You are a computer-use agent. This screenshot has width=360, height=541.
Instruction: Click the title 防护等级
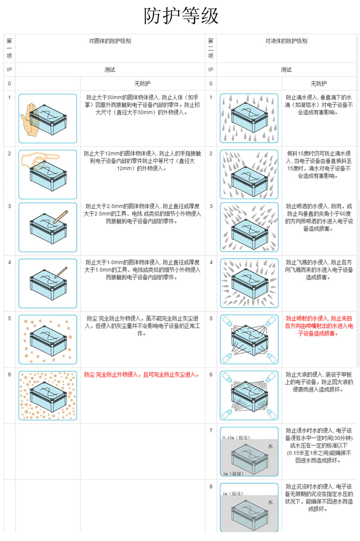[x=181, y=17]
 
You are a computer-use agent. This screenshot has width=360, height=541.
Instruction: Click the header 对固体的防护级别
[x=110, y=41]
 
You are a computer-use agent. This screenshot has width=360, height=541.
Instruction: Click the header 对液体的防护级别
[x=286, y=41]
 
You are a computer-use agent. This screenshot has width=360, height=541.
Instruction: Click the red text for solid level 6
[x=141, y=374]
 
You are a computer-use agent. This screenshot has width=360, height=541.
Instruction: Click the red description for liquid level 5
[x=319, y=326]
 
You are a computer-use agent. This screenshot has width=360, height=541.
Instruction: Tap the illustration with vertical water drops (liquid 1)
[x=249, y=118]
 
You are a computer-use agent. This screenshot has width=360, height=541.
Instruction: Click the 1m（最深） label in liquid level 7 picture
[x=232, y=473]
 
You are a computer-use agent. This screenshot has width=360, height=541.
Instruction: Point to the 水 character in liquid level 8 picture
[x=270, y=502]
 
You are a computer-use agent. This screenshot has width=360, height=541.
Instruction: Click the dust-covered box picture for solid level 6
[x=48, y=396]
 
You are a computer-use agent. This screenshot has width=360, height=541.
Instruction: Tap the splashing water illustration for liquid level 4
[x=249, y=283]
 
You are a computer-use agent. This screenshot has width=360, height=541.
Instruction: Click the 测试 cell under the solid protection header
[x=110, y=70]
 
